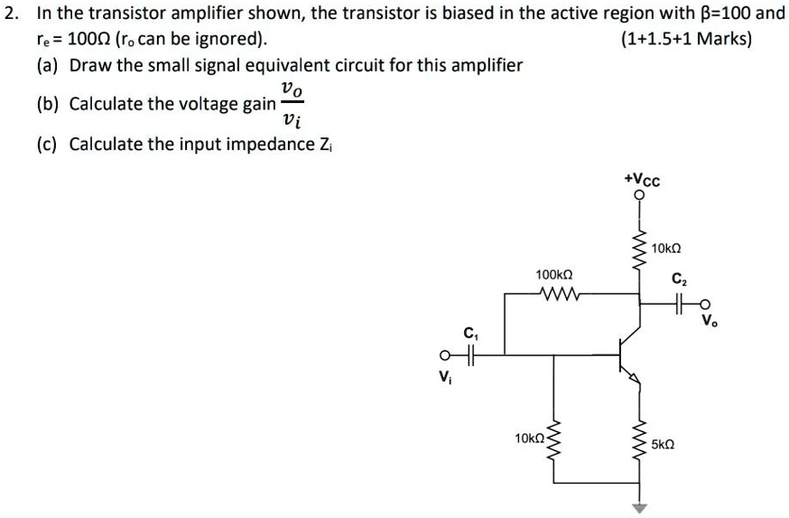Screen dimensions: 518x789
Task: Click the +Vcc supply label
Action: [x=642, y=180]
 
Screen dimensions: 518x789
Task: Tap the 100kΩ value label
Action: [x=553, y=274]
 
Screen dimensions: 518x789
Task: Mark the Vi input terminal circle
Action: [x=444, y=353]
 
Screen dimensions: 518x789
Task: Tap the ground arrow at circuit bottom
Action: [x=640, y=508]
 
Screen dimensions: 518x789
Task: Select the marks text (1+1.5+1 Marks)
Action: [x=686, y=40]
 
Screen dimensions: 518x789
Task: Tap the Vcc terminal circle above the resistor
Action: [x=640, y=195]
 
